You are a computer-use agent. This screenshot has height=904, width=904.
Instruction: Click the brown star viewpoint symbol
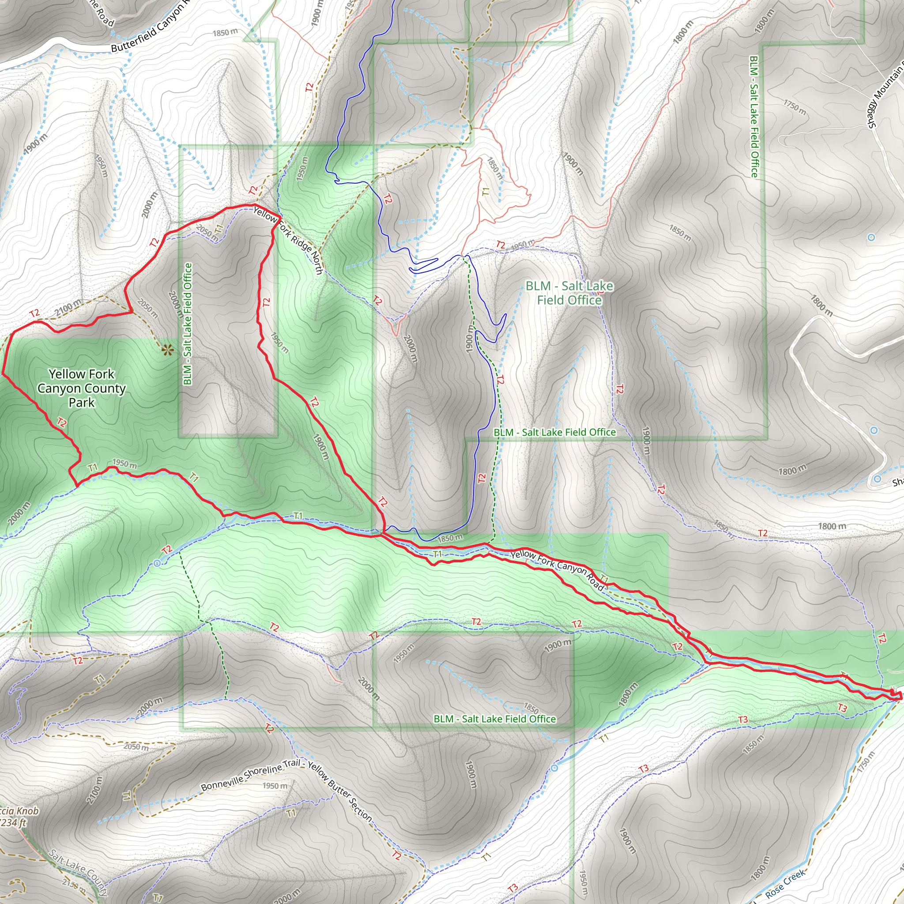(166, 350)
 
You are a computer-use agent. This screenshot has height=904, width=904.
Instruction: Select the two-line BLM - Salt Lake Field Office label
(569, 293)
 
